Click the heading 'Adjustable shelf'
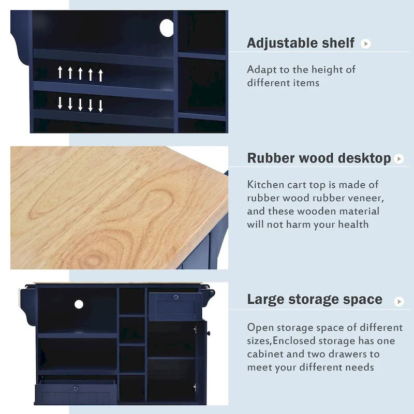click(300, 43)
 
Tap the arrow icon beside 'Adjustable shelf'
click(366, 44)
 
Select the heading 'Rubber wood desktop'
click(318, 158)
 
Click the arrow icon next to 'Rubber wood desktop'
click(398, 159)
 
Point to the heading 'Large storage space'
click(315, 300)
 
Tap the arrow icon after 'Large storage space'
click(398, 301)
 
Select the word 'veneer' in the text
click(366, 198)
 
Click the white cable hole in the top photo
click(167, 28)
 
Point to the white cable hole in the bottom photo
click(79, 304)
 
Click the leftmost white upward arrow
click(60, 73)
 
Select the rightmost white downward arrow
click(100, 105)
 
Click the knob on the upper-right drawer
click(176, 297)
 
